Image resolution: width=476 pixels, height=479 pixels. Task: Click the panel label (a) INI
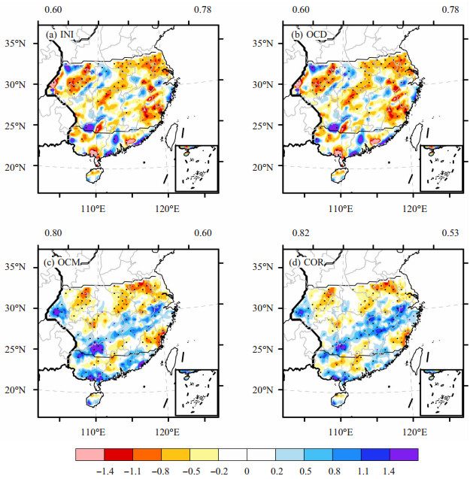pos(59,35)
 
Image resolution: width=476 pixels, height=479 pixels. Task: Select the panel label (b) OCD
pos(309,35)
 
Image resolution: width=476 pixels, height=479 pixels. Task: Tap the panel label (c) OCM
pos(62,262)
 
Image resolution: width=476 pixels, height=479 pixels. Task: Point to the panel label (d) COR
pos(306,262)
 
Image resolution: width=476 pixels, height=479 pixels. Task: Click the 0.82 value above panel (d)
pos(301,233)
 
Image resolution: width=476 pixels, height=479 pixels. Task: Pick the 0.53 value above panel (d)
pos(450,233)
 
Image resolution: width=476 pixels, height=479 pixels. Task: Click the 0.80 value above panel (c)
pos(53,233)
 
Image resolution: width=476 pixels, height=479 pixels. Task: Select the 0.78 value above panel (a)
pos(202,10)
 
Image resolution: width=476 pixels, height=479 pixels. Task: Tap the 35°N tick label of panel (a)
pos(15,44)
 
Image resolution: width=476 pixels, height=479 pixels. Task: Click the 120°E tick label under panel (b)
pos(415,209)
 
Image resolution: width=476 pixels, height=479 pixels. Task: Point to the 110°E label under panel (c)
pos(93,432)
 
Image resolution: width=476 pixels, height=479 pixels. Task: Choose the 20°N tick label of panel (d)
pos(262,390)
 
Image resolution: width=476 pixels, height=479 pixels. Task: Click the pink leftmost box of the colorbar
pos(89,454)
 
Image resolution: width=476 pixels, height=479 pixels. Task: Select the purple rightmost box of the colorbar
pos(404,454)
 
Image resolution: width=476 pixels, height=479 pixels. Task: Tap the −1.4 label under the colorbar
pos(105,471)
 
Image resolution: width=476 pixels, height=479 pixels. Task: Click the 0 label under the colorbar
pos(247,471)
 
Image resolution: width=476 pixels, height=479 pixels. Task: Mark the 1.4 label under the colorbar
pos(388,471)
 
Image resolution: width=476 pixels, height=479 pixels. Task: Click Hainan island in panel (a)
pos(95,176)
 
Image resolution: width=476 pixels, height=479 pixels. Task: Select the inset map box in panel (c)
pos(196,393)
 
